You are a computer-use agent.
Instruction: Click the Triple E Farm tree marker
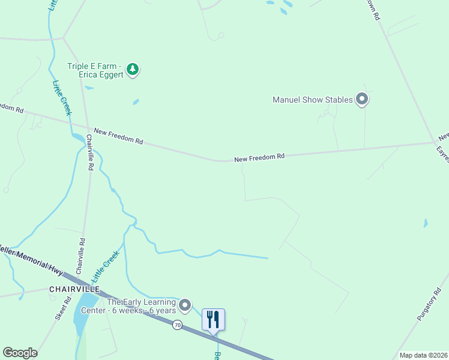pos(133,70)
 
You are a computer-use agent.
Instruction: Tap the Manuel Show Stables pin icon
pos(361,99)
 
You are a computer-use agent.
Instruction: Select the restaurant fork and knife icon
pos(213,319)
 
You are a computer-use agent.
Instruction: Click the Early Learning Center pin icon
pos(185,305)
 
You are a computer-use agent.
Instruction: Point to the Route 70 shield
pos(177,325)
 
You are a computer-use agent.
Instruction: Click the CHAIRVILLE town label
pos(74,289)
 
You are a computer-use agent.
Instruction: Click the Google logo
pos(20,352)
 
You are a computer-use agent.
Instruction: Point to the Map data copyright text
pos(423,355)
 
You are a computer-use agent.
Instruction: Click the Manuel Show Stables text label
pos(312,100)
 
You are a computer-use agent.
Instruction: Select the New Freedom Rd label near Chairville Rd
pos(118,137)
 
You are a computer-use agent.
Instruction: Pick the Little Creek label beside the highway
pos(106,266)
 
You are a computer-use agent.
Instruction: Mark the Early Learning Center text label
pos(142,306)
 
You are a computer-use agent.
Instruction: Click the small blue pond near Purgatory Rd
pos(426,223)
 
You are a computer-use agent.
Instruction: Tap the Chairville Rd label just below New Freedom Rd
pos(90,152)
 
